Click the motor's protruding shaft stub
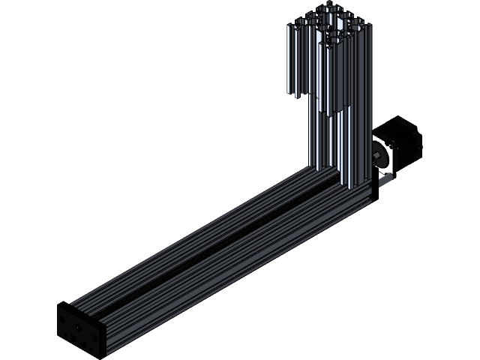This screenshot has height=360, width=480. tap(374, 155)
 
